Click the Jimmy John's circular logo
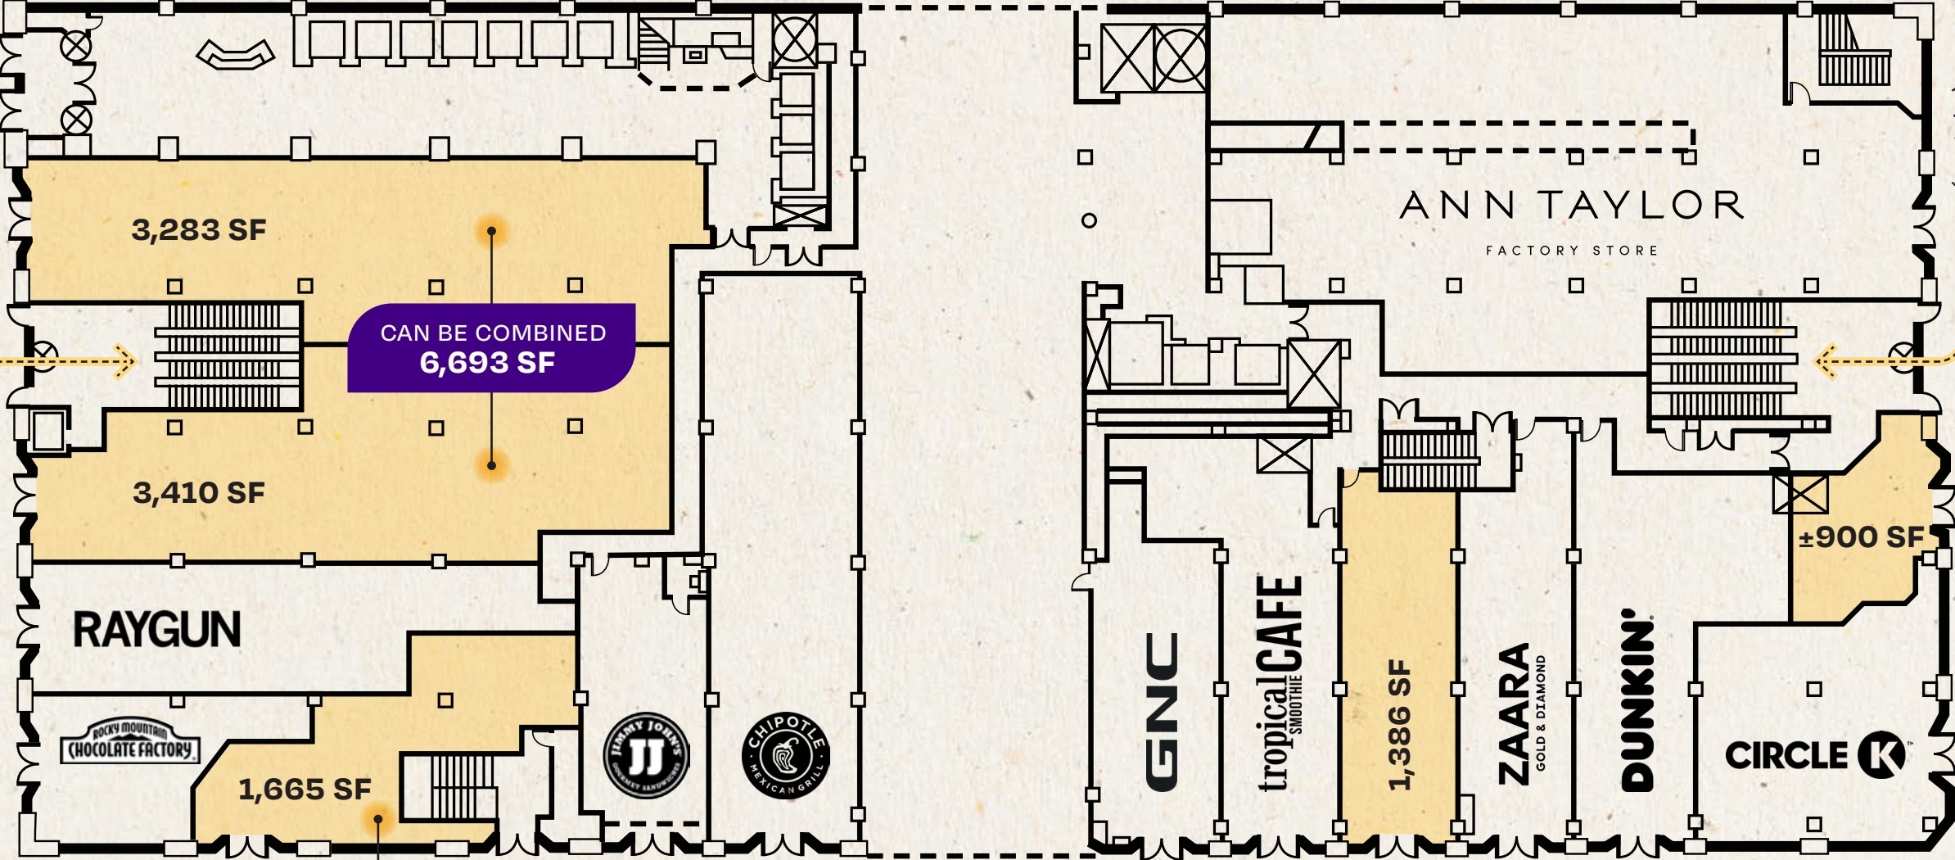pos(646,755)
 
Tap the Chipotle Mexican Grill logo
pos(785,755)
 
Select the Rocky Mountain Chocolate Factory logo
pos(130,744)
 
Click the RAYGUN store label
pos(157,630)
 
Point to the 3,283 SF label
pos(199,230)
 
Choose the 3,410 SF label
pos(199,493)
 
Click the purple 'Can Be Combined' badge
pos(492,348)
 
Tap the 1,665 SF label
pos(305,790)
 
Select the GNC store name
pos(1162,711)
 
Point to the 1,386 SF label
pos(1400,724)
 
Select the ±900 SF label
pos(1860,537)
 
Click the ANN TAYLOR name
pos(1572,206)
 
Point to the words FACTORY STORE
pos(1572,251)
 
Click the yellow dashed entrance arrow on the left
pos(70,360)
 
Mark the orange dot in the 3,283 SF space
pos(491,231)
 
